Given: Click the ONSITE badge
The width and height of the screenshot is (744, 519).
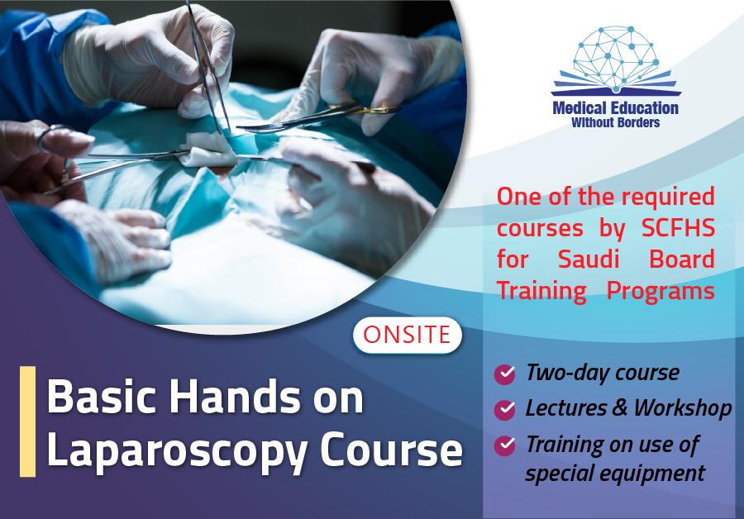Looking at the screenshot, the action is [x=407, y=335].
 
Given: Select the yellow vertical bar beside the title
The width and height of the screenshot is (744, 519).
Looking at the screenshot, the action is [x=27, y=421].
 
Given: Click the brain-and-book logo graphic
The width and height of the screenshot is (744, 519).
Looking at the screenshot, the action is [x=616, y=60].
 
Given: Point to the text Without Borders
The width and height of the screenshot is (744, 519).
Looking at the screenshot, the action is [x=615, y=123].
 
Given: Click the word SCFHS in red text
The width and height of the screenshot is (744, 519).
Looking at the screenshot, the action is [x=678, y=228].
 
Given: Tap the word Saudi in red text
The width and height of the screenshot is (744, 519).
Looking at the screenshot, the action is [x=589, y=259].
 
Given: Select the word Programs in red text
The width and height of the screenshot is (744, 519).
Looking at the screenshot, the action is [x=661, y=291].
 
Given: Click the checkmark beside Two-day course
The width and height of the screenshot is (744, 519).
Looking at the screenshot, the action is [x=504, y=374].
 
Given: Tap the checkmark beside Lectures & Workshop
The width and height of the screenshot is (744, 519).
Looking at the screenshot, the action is [x=504, y=409].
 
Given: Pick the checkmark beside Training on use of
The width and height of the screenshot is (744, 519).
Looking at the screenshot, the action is [x=504, y=445].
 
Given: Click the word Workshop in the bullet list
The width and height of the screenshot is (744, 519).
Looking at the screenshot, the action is [x=683, y=408].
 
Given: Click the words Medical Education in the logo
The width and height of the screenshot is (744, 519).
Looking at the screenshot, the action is [x=615, y=108].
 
